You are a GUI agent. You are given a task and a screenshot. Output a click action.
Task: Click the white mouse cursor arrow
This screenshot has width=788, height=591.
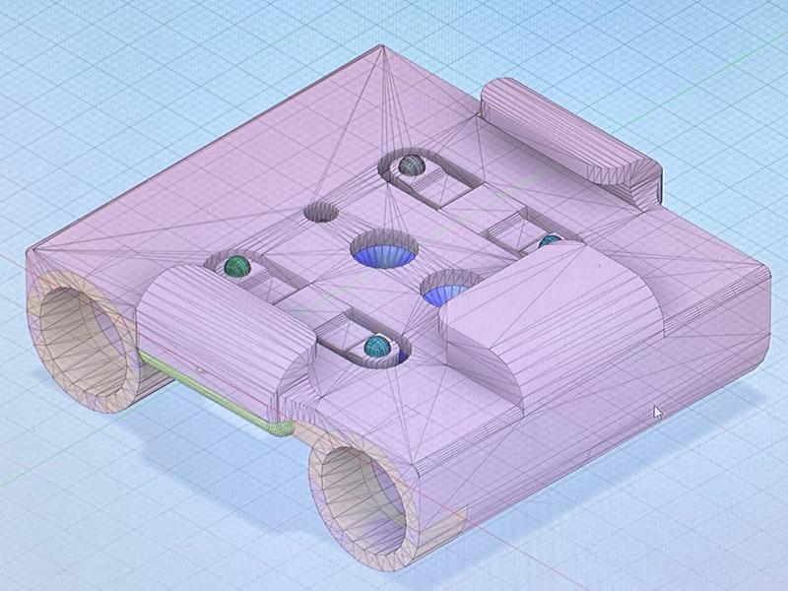658,412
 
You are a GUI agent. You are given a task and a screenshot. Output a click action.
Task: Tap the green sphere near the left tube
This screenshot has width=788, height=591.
236,265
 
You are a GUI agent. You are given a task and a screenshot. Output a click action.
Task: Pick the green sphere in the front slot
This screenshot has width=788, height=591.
376,346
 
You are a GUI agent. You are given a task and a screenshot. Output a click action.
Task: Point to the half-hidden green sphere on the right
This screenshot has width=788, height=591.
549,239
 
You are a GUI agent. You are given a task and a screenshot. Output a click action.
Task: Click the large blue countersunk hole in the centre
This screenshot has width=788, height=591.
384,251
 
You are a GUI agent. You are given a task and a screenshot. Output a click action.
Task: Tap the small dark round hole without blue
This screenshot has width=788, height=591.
321,212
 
